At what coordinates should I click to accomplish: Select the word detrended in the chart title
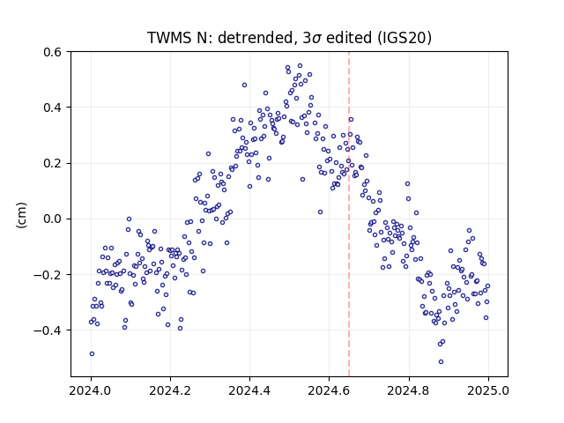(255, 38)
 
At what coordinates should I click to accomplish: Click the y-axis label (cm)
(21, 215)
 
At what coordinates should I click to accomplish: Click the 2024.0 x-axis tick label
(91, 390)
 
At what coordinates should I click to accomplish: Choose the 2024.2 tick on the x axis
(170, 390)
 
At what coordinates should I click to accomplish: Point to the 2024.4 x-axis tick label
(249, 390)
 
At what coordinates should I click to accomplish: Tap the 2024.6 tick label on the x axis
(329, 390)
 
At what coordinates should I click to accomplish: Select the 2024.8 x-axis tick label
(408, 390)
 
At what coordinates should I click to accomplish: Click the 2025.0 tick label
(487, 390)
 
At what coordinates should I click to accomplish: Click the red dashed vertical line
(349, 214)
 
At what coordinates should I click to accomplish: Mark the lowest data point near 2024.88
(441, 362)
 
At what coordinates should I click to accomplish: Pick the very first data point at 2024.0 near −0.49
(92, 354)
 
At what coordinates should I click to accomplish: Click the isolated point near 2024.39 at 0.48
(245, 85)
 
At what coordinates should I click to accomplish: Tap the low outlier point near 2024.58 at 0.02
(320, 212)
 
